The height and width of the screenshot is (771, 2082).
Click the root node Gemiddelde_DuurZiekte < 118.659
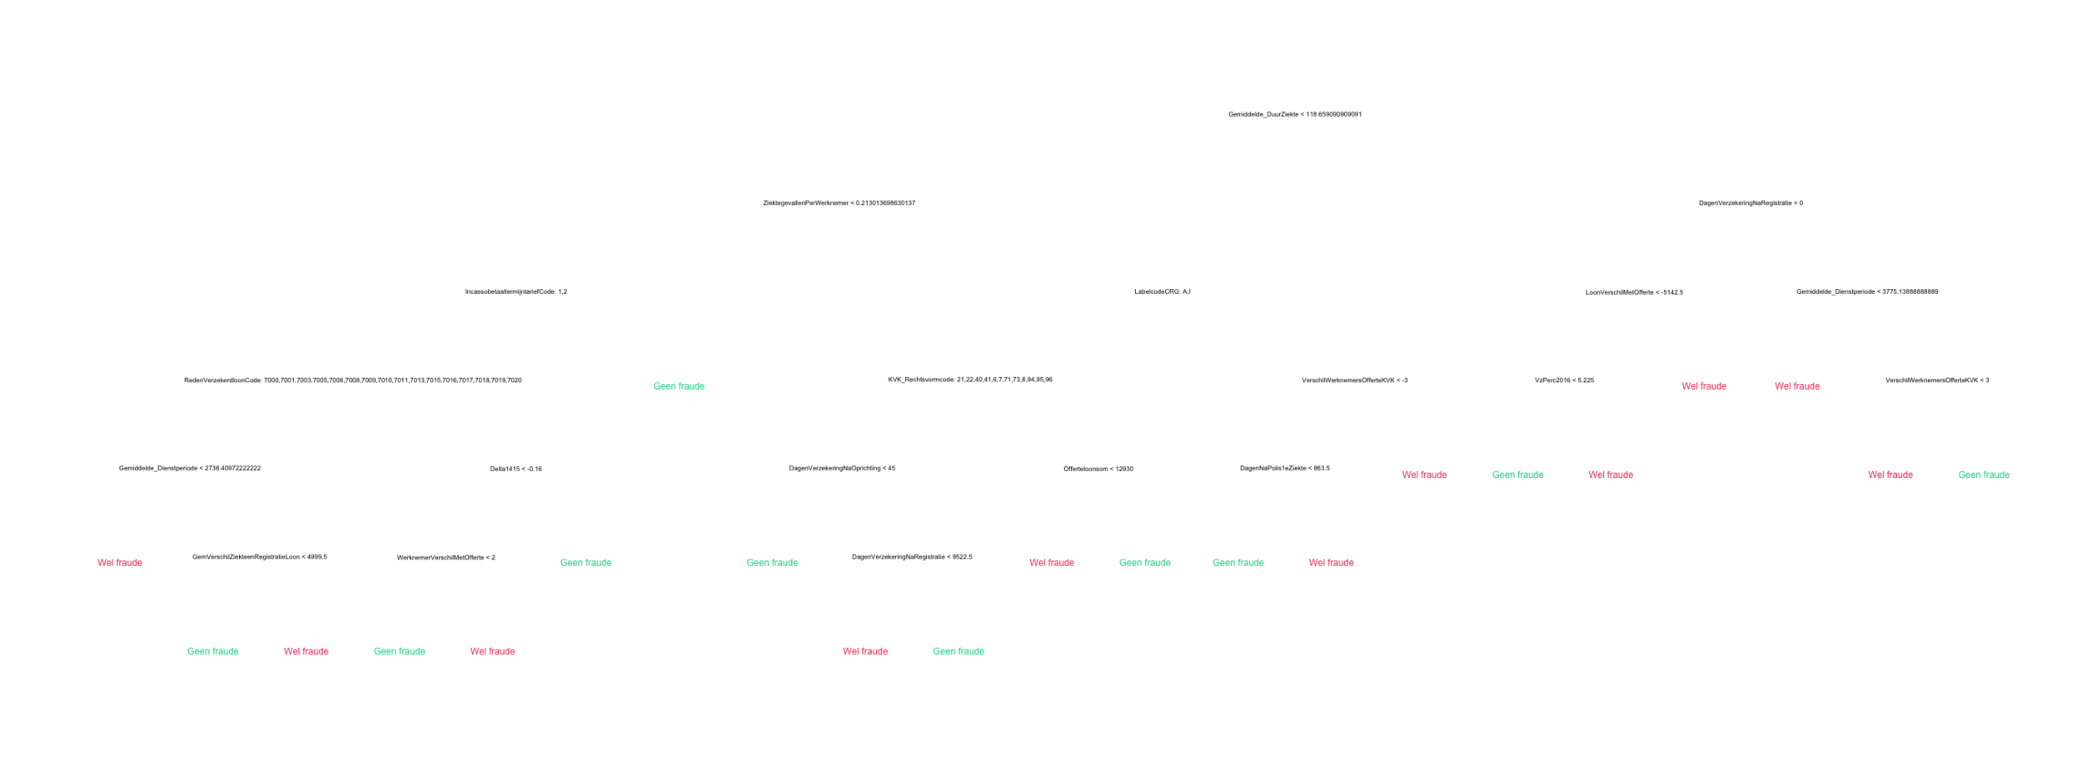[1294, 114]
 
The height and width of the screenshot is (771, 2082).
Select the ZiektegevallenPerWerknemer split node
[839, 203]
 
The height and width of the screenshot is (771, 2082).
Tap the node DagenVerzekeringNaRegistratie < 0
[1751, 203]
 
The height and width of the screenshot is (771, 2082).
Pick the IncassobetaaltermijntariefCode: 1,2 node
[516, 291]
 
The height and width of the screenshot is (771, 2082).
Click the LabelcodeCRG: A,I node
[1162, 291]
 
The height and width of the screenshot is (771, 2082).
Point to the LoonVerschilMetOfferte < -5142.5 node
[1634, 291]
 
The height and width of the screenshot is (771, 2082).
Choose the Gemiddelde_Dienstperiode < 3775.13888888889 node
[1867, 291]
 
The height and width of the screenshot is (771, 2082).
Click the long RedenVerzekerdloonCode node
[352, 380]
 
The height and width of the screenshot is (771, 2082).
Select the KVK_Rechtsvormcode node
[970, 380]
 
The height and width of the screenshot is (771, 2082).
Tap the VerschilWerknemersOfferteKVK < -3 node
[1354, 380]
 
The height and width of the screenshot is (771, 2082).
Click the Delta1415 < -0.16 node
[516, 469]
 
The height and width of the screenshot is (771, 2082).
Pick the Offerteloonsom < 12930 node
[1098, 469]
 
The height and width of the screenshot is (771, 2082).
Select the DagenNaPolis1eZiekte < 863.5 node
[1284, 468]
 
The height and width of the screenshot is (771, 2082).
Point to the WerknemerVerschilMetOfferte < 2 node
[446, 557]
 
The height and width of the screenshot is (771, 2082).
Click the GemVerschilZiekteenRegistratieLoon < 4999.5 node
[259, 557]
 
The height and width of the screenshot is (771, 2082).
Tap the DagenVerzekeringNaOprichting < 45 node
[842, 468]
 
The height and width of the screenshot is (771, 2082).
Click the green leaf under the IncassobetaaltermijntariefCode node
[679, 386]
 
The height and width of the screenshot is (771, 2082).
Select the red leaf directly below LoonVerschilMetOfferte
[1704, 386]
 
